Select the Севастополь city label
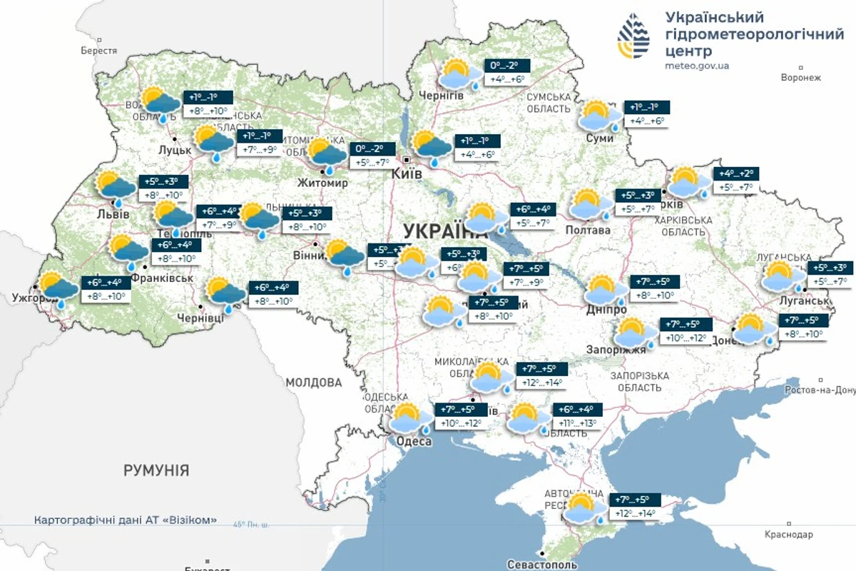pyautogui.click(x=541, y=565)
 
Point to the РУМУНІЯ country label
pyautogui.click(x=156, y=470)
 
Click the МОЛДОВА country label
pyautogui.click(x=314, y=383)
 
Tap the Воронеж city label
pyautogui.click(x=801, y=77)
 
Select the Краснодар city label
pyautogui.click(x=788, y=534)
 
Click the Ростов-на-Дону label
pyautogui.click(x=820, y=390)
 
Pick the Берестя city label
pyautogui.click(x=98, y=51)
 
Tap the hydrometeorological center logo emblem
pyautogui.click(x=634, y=35)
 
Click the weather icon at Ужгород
pyautogui.click(x=58, y=289)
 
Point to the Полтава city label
pyautogui.click(x=588, y=231)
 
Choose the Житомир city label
pyautogui.click(x=324, y=183)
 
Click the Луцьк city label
pyautogui.click(x=175, y=150)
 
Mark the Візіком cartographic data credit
pyautogui.click(x=126, y=520)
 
